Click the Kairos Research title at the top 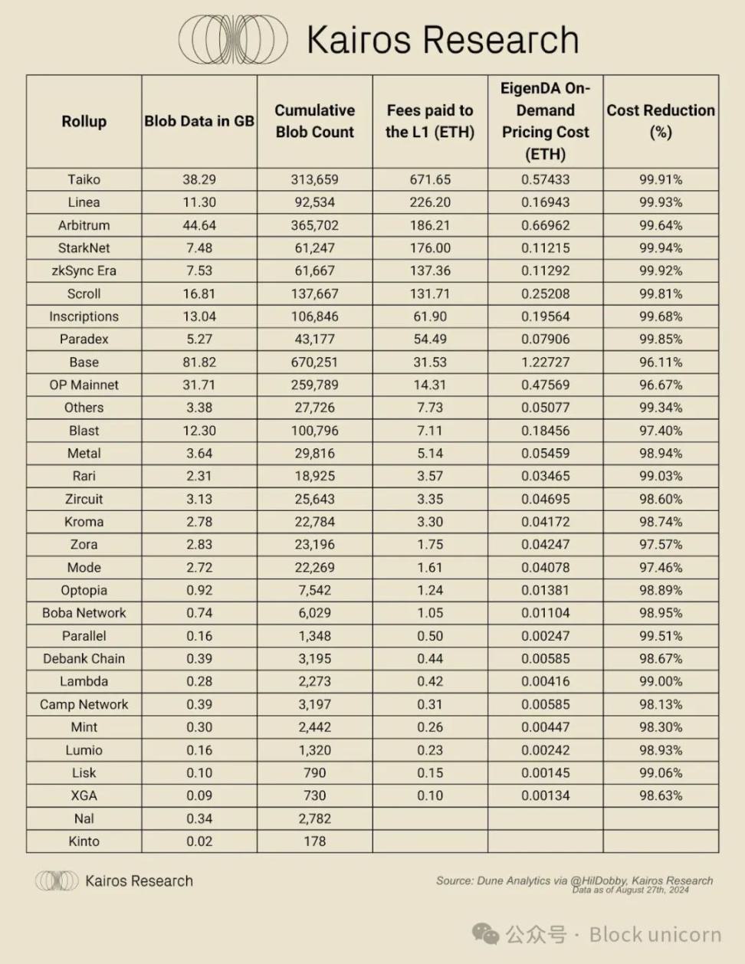tap(442, 40)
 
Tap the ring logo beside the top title tap(233, 40)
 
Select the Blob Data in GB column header tap(199, 121)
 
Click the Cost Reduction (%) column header tap(661, 121)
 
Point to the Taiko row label tap(84, 179)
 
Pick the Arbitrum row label tap(84, 225)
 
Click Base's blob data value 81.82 tap(199, 362)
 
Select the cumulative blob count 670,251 tap(314, 362)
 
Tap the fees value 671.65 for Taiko tap(430, 179)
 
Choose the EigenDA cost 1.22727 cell tap(545, 362)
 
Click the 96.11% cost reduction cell tap(661, 362)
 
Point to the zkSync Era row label tap(84, 271)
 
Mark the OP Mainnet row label tap(84, 385)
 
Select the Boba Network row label tap(84, 613)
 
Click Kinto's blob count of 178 tap(314, 841)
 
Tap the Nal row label tap(84, 818)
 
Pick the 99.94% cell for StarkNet tap(661, 248)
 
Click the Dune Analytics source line tap(574, 880)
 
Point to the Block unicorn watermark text tap(655, 934)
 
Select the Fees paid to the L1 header tap(430, 121)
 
